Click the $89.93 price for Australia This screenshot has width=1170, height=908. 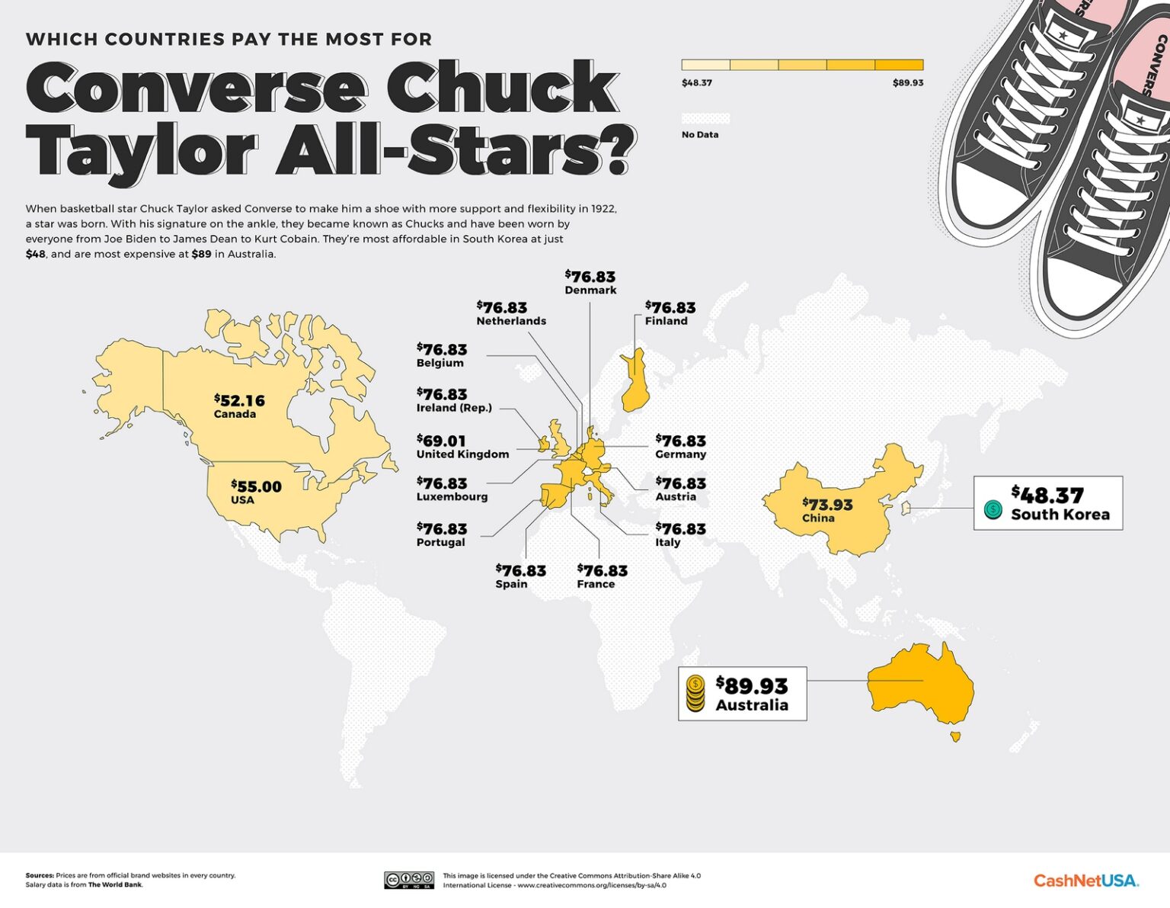pyautogui.click(x=752, y=685)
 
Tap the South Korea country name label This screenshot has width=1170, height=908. pyautogui.click(x=1060, y=515)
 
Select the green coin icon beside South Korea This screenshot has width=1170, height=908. pyautogui.click(x=993, y=509)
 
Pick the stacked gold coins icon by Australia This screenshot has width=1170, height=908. pyautogui.click(x=695, y=694)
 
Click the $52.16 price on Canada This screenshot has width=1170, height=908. pyautogui.click(x=240, y=400)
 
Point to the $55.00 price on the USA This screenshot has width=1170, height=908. pyautogui.click(x=257, y=486)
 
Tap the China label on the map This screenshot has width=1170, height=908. pyautogui.click(x=818, y=518)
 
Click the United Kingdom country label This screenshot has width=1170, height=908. pyautogui.click(x=462, y=454)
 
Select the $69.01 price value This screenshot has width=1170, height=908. pyautogui.click(x=441, y=441)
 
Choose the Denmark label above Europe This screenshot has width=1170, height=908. pyautogui.click(x=590, y=290)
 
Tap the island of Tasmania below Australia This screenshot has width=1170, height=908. pyautogui.click(x=955, y=736)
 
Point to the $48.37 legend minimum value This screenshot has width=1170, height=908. pyautogui.click(x=696, y=82)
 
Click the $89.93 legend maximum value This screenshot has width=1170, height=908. pyautogui.click(x=908, y=82)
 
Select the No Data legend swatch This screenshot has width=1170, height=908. pyautogui.click(x=705, y=119)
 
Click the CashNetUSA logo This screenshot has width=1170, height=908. pyautogui.click(x=1085, y=881)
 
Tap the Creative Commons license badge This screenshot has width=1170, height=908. pyautogui.click(x=409, y=881)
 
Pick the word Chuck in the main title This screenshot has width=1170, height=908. pyautogui.click(x=502, y=89)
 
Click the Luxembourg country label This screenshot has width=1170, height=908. pyautogui.click(x=452, y=497)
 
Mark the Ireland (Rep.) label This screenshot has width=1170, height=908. pyautogui.click(x=454, y=408)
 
